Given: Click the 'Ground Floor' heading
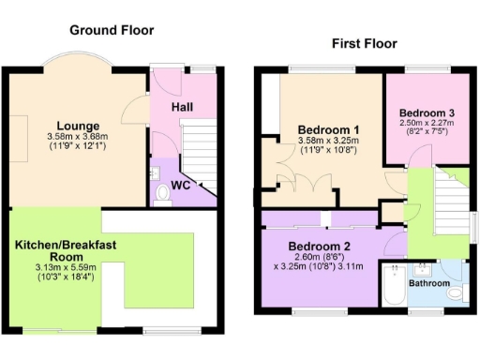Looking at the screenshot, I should click(112, 30).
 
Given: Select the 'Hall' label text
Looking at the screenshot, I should click(182, 108).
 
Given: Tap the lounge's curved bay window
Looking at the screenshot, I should click(81, 63).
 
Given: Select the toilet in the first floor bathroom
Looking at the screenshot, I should click(456, 294).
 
